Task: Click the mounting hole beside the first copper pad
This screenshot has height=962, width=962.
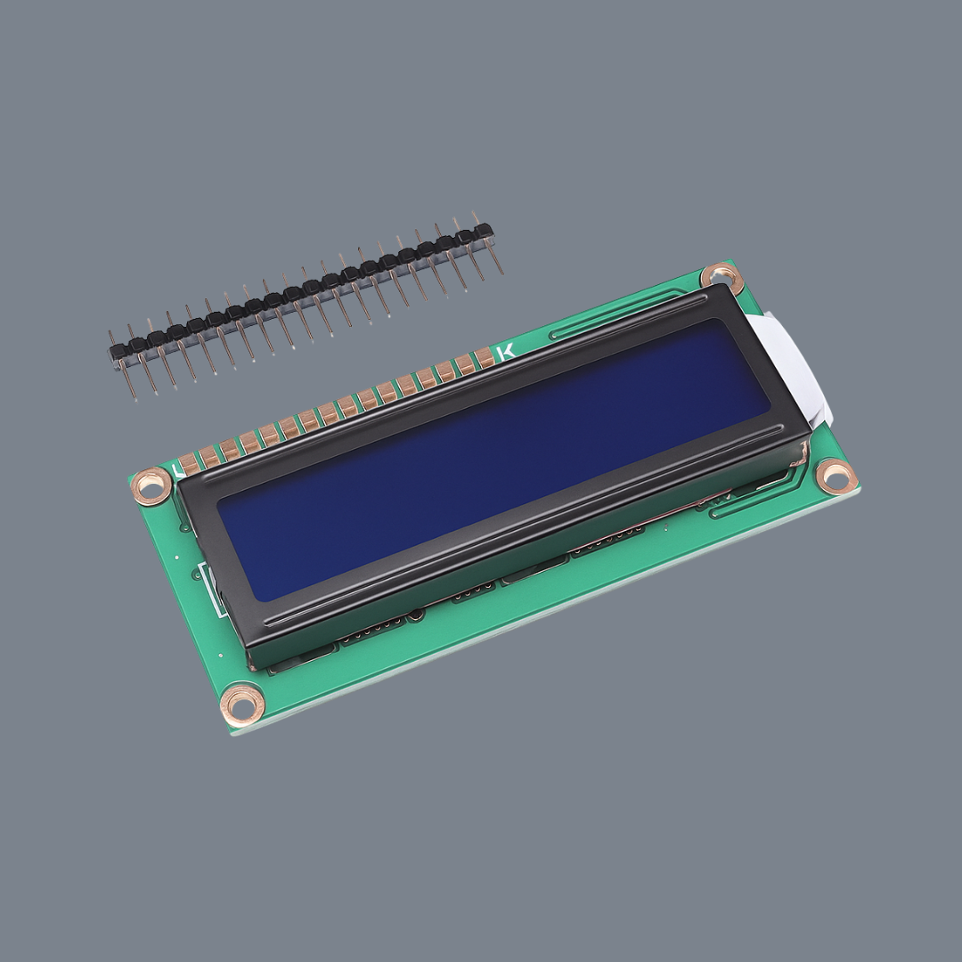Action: [x=152, y=485]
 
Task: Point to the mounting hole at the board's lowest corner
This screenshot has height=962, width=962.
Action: [x=241, y=704]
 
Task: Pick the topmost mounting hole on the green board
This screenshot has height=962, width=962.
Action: [x=721, y=277]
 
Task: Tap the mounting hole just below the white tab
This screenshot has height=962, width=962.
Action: [x=836, y=476]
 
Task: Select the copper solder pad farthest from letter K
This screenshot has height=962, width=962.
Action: [x=188, y=465]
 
